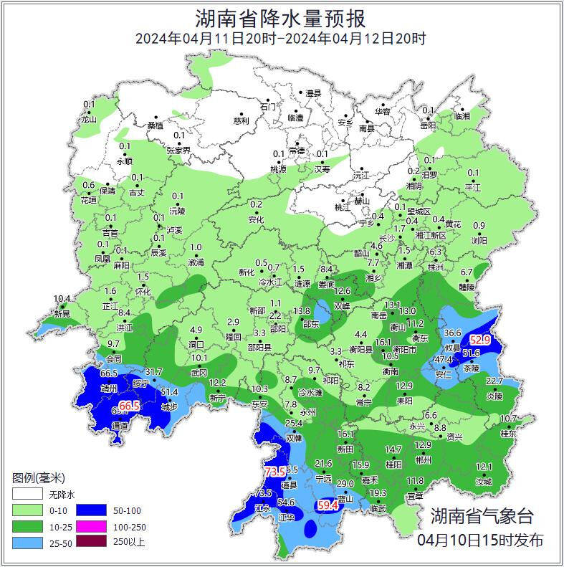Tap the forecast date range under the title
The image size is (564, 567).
281,38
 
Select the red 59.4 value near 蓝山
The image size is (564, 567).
328,506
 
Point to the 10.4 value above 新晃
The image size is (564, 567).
62,299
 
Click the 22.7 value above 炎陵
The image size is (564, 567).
494,381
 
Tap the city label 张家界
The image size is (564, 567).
178,151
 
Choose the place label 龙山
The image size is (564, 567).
88,120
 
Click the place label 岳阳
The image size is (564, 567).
428,125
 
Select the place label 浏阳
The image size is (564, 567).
479,241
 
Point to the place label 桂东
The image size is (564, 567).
508,434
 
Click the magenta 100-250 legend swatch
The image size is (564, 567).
92,526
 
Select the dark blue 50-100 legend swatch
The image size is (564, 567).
92,510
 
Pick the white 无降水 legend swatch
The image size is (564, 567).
27,495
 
